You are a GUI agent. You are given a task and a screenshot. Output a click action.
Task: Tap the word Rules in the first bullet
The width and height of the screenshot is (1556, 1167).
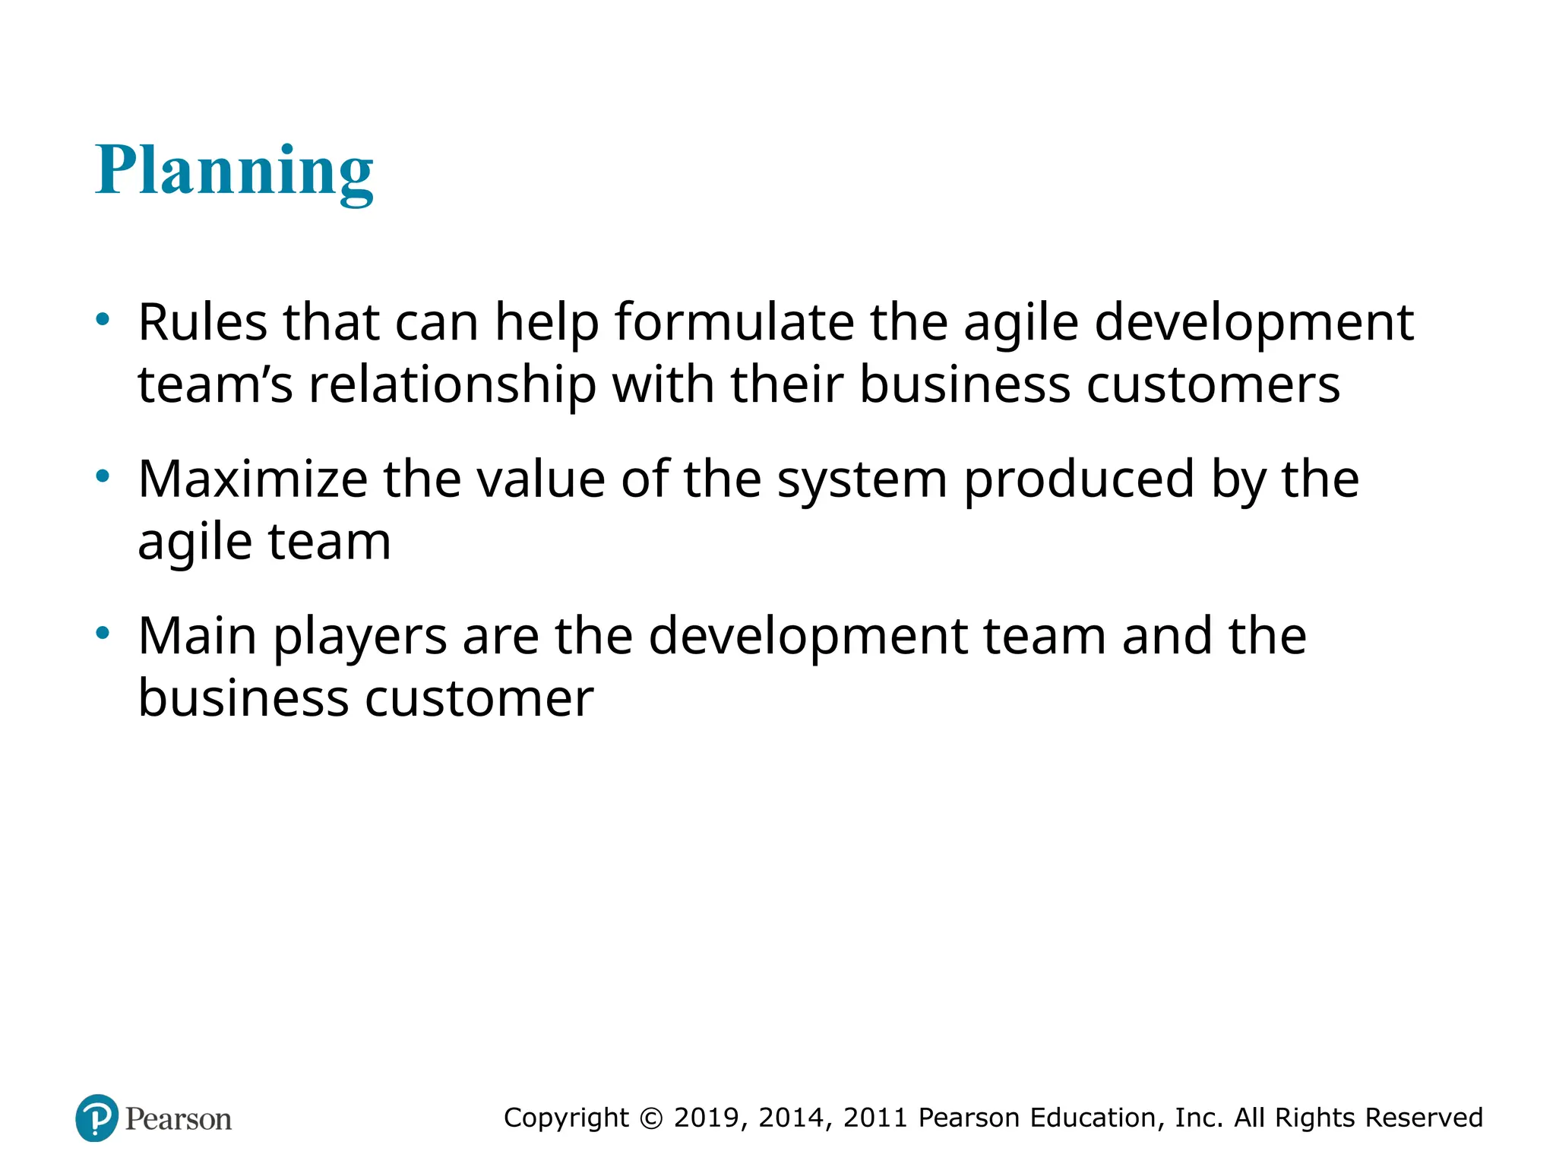(x=202, y=322)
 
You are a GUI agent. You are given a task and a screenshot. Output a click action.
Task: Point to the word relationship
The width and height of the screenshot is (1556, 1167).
(x=452, y=384)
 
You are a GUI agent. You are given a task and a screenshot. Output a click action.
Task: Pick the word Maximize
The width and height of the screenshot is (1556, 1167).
(x=253, y=479)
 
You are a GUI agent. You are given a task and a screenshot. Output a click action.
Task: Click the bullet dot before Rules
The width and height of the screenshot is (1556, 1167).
(x=103, y=319)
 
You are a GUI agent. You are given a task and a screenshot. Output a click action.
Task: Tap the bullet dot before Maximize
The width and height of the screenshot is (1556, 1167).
(x=103, y=476)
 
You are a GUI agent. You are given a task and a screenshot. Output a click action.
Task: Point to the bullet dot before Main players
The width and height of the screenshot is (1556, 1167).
(x=103, y=633)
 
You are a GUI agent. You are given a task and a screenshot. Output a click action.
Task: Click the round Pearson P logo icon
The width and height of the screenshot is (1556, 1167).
(x=97, y=1118)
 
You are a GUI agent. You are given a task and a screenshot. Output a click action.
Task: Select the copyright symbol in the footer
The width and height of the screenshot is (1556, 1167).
(x=651, y=1118)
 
